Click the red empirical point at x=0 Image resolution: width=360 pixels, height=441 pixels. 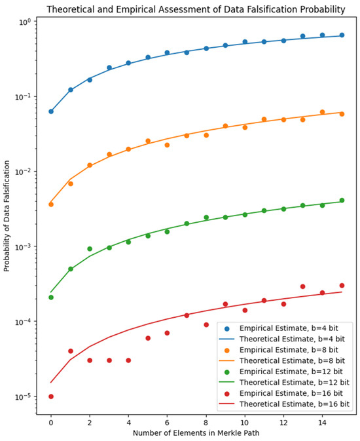(x=51, y=396)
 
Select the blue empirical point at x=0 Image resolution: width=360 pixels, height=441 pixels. (x=51, y=111)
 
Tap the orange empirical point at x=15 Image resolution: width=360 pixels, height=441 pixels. (x=342, y=114)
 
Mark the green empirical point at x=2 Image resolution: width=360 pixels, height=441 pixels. (x=90, y=249)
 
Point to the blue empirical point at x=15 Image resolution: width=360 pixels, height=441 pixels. (x=342, y=35)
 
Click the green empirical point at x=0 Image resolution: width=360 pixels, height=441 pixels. (x=51, y=297)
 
